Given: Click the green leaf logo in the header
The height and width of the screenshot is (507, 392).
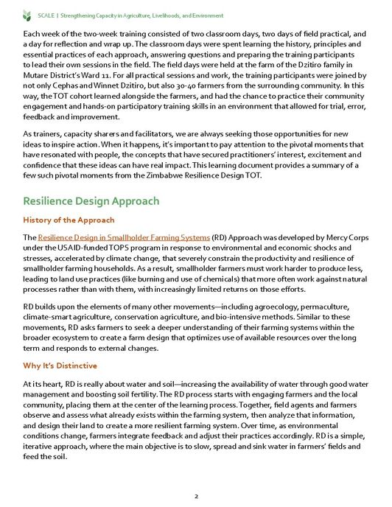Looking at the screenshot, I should point(27,14).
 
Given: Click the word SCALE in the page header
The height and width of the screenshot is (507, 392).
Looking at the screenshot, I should point(46,15).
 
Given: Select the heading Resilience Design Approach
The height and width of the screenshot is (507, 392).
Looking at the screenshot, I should point(91,200).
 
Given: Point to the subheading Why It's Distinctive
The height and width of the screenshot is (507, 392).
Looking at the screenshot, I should point(60,366).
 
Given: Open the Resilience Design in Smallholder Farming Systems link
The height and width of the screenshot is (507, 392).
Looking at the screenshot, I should point(123,237).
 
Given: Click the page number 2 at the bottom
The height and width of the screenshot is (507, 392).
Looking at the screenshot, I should point(196,496).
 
